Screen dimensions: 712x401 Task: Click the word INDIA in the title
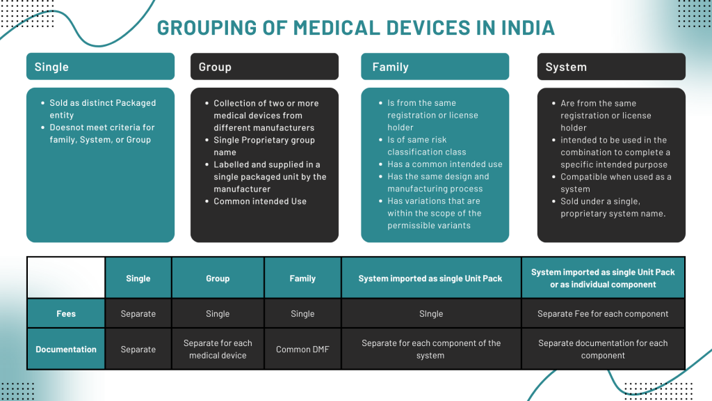point(528,28)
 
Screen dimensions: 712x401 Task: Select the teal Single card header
point(100,66)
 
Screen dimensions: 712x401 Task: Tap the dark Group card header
point(264,66)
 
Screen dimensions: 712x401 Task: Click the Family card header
point(435,66)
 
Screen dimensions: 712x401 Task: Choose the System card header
point(611,66)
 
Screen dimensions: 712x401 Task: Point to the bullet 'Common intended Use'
point(260,201)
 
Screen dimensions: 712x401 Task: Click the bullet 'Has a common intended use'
point(445,164)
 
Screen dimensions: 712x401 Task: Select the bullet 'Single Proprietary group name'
point(264,146)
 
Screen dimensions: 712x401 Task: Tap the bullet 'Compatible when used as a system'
point(616,183)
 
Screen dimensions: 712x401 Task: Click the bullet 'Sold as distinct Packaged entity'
point(103,109)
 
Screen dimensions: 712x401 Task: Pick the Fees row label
point(66,313)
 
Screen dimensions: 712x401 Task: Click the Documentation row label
point(66,349)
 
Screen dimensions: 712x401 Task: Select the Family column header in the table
point(302,278)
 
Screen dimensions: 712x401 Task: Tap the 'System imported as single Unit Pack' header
point(430,278)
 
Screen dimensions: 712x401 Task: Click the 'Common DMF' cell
point(302,349)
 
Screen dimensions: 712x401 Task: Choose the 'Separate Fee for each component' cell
point(603,313)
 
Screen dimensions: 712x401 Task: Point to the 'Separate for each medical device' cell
point(218,349)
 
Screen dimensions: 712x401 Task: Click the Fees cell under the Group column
point(218,313)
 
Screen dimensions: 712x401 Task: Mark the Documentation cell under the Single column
point(138,349)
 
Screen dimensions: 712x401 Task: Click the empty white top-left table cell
point(66,278)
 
